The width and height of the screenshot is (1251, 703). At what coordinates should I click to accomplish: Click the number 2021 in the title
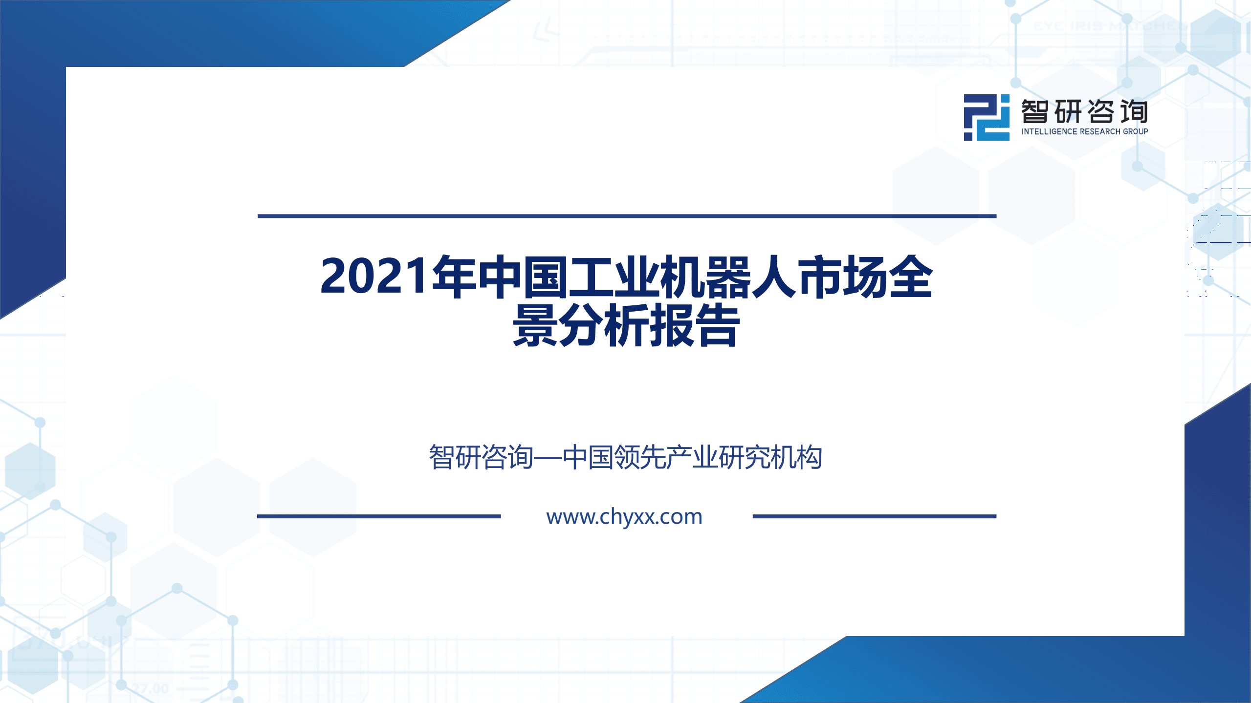374,277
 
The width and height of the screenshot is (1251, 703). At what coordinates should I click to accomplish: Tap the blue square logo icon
986,117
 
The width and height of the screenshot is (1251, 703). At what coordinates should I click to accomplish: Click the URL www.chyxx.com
624,516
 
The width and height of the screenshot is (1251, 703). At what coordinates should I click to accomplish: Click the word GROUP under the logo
1135,131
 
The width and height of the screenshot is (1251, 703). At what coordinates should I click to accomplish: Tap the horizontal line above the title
627,215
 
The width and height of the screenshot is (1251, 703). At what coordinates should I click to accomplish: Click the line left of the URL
379,516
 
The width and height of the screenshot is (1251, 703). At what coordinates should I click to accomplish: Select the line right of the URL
874,516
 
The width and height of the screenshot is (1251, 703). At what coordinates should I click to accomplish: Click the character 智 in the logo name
1035,112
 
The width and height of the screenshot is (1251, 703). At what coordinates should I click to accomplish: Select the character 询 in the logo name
1134,112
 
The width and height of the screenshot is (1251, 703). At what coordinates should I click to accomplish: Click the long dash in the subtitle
548,458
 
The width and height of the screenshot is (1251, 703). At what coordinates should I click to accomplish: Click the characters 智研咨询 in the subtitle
481,458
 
